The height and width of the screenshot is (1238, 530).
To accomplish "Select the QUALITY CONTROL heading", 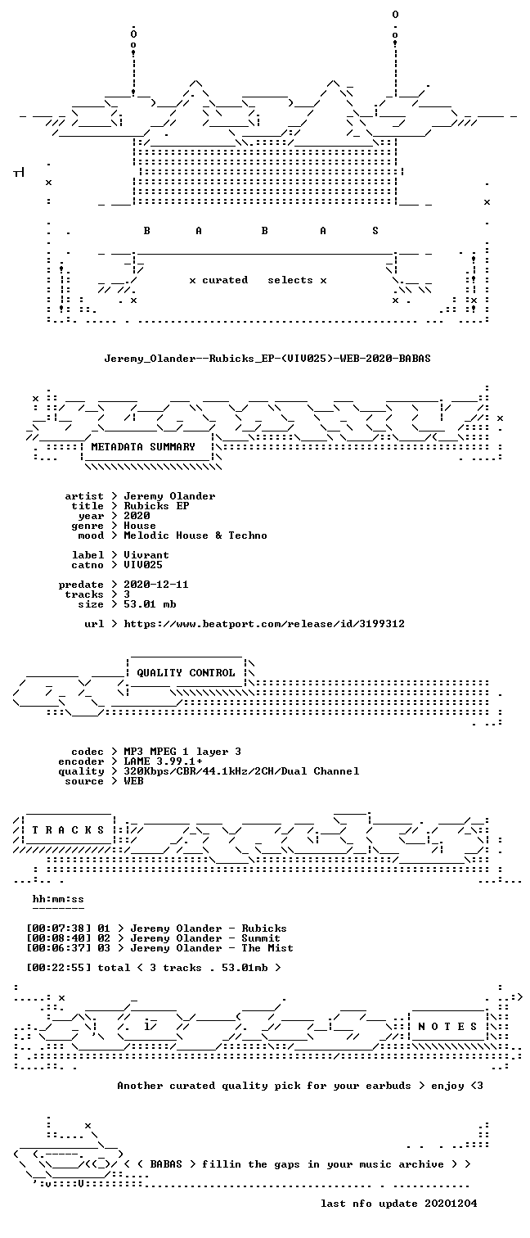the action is pyautogui.click(x=186, y=672).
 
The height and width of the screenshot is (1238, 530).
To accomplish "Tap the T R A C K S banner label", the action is pyautogui.click(x=68, y=829).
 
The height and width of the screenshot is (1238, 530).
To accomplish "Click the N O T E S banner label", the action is pyautogui.click(x=447, y=1026).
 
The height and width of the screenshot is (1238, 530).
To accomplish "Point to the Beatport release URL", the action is pyautogui.click(x=264, y=624).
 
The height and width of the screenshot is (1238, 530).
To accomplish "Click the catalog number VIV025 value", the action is pyautogui.click(x=143, y=565).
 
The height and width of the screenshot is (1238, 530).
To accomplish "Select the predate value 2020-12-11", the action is pyautogui.click(x=156, y=584).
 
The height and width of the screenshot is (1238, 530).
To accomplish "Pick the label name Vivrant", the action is pyautogui.click(x=146, y=555).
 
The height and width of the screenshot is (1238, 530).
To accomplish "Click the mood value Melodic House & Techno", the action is pyautogui.click(x=195, y=535).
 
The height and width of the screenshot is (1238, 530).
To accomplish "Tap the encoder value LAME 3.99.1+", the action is pyautogui.click(x=163, y=761).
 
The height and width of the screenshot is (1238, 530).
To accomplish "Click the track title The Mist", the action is pyautogui.click(x=267, y=948).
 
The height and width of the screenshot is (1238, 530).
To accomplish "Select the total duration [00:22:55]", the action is pyautogui.click(x=59, y=968).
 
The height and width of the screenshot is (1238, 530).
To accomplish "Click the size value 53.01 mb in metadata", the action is pyautogui.click(x=150, y=604).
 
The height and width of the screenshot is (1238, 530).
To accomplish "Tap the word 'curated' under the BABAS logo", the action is pyautogui.click(x=225, y=280).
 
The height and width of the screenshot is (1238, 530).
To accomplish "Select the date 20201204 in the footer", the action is pyautogui.click(x=451, y=1203).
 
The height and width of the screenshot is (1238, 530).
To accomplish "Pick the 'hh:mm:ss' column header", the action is pyautogui.click(x=58, y=899).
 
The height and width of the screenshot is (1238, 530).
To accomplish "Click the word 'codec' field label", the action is pyautogui.click(x=88, y=752).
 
